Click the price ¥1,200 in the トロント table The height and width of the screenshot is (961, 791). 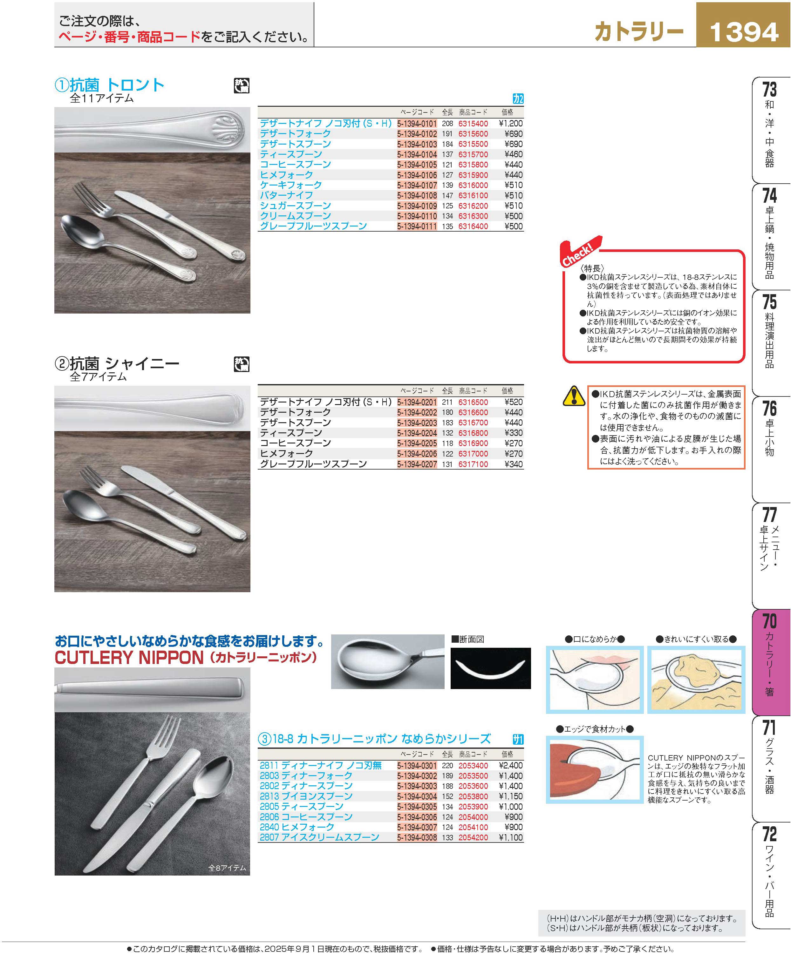(x=511, y=124)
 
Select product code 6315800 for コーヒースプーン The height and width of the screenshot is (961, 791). (x=473, y=165)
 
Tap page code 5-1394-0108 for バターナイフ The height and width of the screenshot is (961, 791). (x=417, y=196)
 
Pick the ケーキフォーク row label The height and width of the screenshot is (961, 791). (x=291, y=185)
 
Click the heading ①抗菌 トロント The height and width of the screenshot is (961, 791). (x=109, y=85)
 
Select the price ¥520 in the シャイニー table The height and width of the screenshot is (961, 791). (x=514, y=402)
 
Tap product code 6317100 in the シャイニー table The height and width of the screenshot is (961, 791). (x=473, y=464)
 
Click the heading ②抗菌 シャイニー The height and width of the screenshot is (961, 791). (x=117, y=363)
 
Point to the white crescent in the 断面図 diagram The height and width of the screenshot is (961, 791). (x=490, y=672)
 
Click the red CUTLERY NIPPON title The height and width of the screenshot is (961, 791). (x=129, y=658)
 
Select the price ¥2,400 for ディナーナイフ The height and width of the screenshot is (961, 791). (x=511, y=766)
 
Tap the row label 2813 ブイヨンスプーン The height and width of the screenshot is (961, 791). (x=306, y=796)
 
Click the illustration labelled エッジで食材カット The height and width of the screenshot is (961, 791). (x=595, y=769)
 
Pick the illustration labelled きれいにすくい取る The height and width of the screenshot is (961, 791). (x=696, y=679)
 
